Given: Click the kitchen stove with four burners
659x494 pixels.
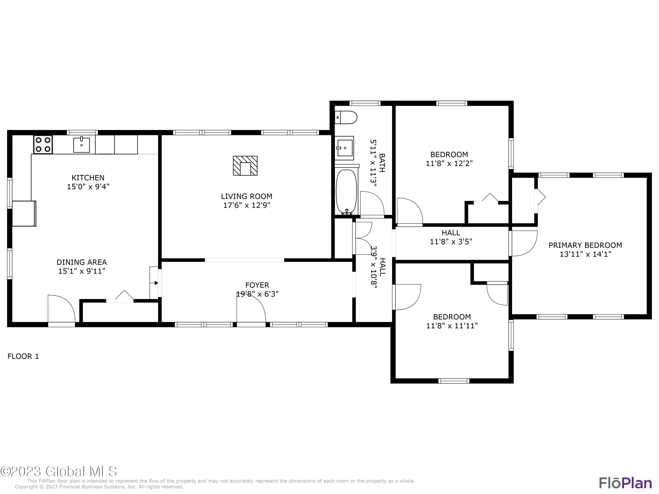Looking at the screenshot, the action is click(43, 144).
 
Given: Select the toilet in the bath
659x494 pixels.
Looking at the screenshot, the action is click(346, 117).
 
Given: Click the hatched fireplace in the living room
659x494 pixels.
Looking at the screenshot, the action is click(245, 166).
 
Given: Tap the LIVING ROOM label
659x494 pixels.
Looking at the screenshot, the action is click(246, 197).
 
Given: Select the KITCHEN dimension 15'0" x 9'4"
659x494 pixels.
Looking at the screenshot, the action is click(88, 187).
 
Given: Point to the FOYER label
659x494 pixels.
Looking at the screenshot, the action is click(257, 285).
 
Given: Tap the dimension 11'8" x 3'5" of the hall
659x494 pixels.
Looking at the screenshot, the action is click(451, 242).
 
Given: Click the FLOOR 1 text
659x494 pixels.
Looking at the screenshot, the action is click(23, 356).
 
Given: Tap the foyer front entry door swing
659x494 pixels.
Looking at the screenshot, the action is click(251, 309).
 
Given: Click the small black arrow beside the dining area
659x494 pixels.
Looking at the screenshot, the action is click(156, 283).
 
